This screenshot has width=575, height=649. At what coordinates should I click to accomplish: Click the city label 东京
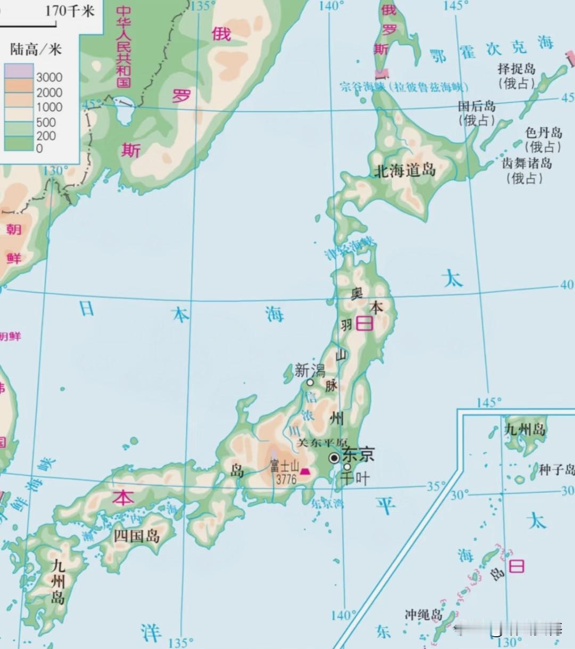click(358, 455)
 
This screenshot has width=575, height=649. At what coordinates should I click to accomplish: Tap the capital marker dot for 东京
click(334, 458)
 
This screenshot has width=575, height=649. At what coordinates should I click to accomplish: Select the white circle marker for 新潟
click(310, 382)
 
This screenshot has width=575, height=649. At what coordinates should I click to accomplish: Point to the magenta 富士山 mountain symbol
click(305, 470)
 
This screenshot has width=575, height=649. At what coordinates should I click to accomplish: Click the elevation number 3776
click(286, 478)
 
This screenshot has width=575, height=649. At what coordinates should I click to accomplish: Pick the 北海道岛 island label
click(405, 171)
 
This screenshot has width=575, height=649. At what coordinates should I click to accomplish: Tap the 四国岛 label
click(137, 535)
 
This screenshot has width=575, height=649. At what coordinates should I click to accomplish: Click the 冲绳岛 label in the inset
click(424, 615)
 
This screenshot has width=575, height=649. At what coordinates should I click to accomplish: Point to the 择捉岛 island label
click(516, 69)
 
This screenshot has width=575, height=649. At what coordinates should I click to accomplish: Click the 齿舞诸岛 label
click(527, 163)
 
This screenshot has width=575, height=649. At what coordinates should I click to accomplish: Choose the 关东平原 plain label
click(322, 443)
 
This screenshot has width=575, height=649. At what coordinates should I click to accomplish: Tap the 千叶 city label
click(355, 478)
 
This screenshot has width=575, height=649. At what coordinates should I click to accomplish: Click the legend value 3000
click(49, 77)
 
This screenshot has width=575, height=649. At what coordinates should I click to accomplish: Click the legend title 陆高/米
click(36, 50)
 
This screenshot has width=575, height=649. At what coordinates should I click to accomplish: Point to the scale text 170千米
click(69, 10)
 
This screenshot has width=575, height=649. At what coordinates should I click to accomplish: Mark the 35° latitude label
click(436, 486)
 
